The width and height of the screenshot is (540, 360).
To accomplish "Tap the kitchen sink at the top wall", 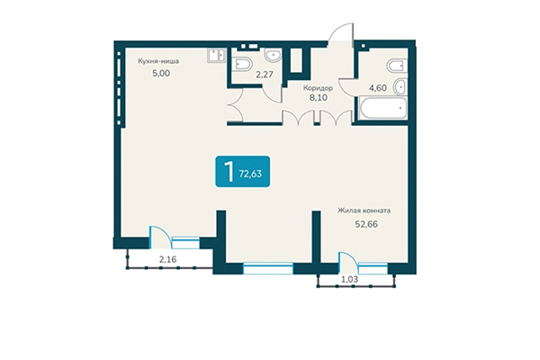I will point(214,56).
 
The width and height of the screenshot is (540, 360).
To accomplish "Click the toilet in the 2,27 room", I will point(244,63).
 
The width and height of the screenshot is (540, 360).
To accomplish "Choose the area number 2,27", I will point(265,75).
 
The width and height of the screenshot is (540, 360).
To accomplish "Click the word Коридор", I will point(319,88).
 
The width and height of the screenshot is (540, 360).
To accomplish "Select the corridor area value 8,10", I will point(319,101).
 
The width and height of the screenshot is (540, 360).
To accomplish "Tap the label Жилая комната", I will point(364,211).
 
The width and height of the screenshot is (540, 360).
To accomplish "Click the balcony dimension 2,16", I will point(168,260).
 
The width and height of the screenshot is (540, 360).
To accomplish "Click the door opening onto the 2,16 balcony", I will point(157,237).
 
